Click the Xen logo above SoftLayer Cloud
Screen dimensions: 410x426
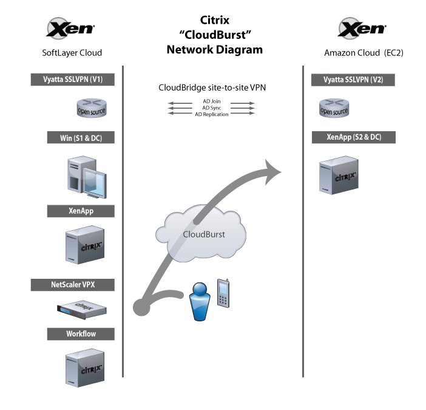click(71, 29)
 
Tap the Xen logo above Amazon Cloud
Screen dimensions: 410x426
click(361, 29)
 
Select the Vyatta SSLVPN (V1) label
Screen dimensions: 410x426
click(73, 79)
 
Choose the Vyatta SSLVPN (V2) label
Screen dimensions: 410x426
click(353, 79)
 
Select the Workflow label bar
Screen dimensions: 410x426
click(81, 333)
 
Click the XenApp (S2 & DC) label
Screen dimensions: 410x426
click(353, 138)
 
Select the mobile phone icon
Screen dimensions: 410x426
click(224, 294)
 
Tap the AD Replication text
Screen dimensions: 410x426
click(212, 114)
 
